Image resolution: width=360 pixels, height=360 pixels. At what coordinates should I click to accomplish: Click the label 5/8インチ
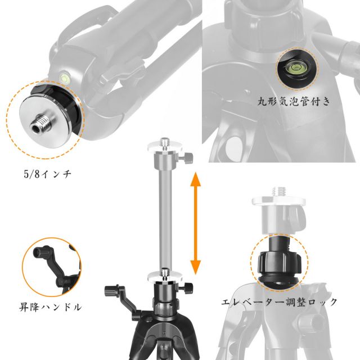(47, 174)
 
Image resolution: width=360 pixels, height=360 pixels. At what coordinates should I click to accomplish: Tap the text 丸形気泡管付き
(294, 101)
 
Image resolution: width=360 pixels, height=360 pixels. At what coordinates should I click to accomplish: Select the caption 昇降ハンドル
(50, 307)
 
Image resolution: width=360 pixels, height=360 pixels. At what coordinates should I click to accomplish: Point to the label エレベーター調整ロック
(279, 301)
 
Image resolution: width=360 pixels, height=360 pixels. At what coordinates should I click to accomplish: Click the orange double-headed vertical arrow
(195, 223)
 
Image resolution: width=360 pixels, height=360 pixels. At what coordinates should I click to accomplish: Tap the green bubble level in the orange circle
(296, 67)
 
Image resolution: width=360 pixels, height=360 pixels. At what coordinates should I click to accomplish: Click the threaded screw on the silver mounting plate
(41, 124)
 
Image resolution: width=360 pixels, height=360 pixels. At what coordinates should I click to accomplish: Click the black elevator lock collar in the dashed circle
(279, 262)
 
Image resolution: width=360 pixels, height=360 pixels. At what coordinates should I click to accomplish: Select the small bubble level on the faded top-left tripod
(64, 78)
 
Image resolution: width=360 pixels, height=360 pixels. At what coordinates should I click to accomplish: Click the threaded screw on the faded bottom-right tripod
(279, 191)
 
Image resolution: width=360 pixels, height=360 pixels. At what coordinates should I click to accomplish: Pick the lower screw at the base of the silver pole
(164, 273)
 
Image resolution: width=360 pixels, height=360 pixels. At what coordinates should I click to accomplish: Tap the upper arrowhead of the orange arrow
(195, 179)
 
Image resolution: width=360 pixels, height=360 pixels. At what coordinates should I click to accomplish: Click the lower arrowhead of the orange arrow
(195, 268)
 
